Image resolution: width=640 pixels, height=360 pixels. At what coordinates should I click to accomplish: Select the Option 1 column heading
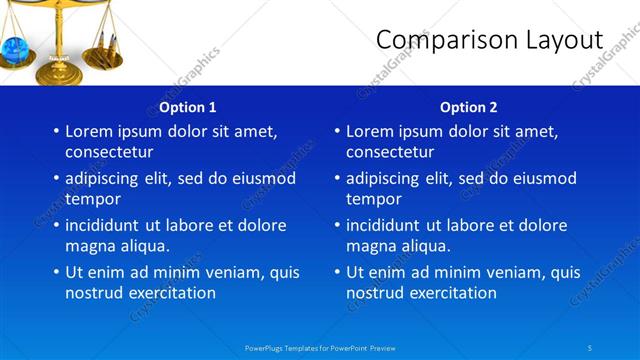187,107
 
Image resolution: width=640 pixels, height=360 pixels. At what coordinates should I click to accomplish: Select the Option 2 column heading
468,107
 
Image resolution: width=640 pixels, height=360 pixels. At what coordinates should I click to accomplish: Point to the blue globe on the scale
17,49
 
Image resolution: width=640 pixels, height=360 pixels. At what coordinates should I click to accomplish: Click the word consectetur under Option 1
109,152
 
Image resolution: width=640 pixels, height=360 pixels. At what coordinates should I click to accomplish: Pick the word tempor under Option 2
373,199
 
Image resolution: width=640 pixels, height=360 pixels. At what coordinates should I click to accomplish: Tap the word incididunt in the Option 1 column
107,226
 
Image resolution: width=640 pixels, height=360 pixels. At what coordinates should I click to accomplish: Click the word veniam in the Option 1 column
234,272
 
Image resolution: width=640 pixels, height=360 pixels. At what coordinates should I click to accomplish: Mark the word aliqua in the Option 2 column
422,246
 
